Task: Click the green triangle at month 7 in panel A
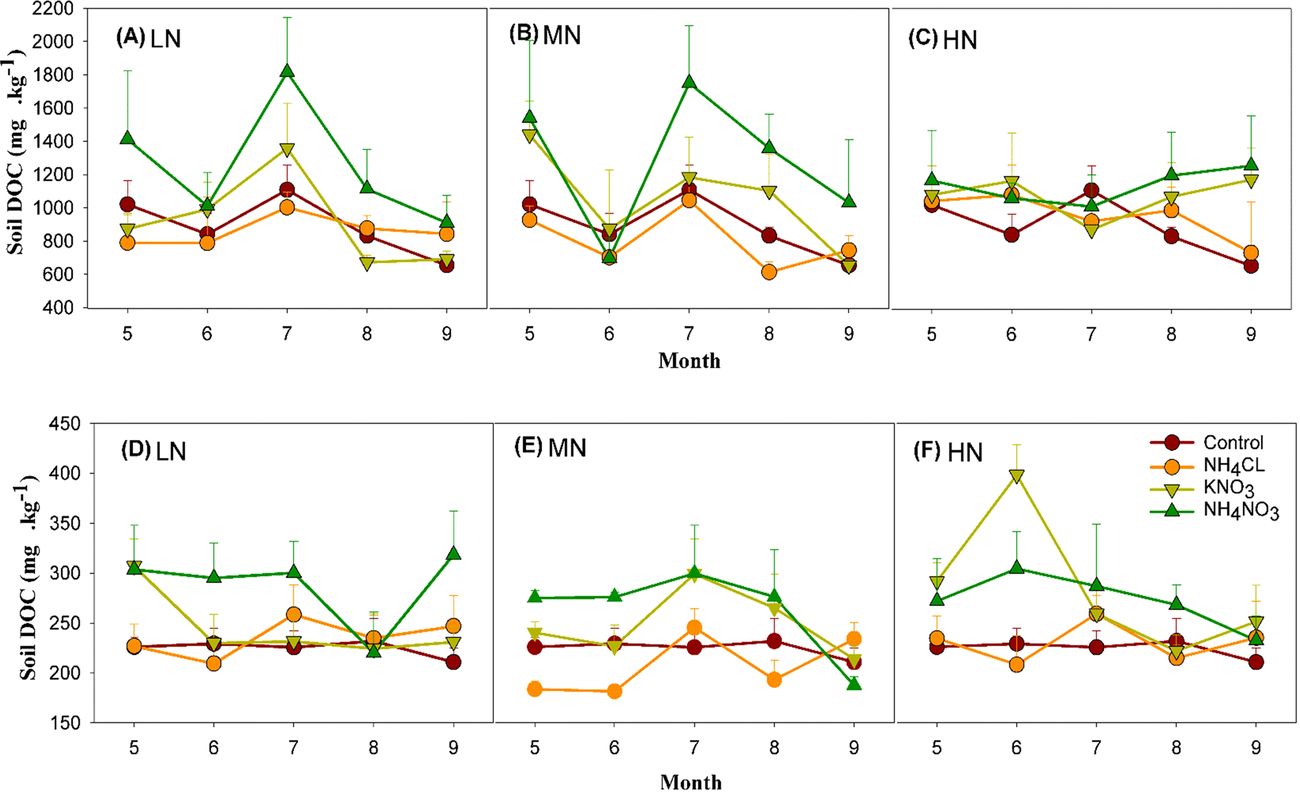tap(287, 71)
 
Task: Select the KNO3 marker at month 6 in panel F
tap(1017, 476)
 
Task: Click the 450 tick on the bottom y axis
tap(66, 424)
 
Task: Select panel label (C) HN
tap(943, 40)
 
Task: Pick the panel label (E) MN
tap(550, 448)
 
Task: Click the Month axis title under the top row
tap(689, 361)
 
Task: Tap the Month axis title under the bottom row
tap(691, 782)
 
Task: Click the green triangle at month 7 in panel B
tap(689, 82)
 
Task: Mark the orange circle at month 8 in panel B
tap(769, 272)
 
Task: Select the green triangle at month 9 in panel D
tap(453, 554)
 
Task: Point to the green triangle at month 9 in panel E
tap(853, 684)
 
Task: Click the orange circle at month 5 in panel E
tap(534, 689)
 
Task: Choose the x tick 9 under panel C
tap(1251, 334)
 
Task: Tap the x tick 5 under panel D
tap(134, 748)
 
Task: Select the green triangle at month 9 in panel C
tap(1251, 165)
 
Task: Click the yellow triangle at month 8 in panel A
tap(366, 264)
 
